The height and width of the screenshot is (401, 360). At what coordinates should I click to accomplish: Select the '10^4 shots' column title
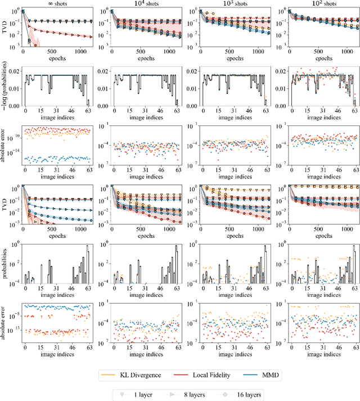146,4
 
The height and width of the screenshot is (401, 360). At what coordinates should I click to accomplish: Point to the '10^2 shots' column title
320,4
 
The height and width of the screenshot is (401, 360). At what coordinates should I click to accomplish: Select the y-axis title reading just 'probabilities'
4,263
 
